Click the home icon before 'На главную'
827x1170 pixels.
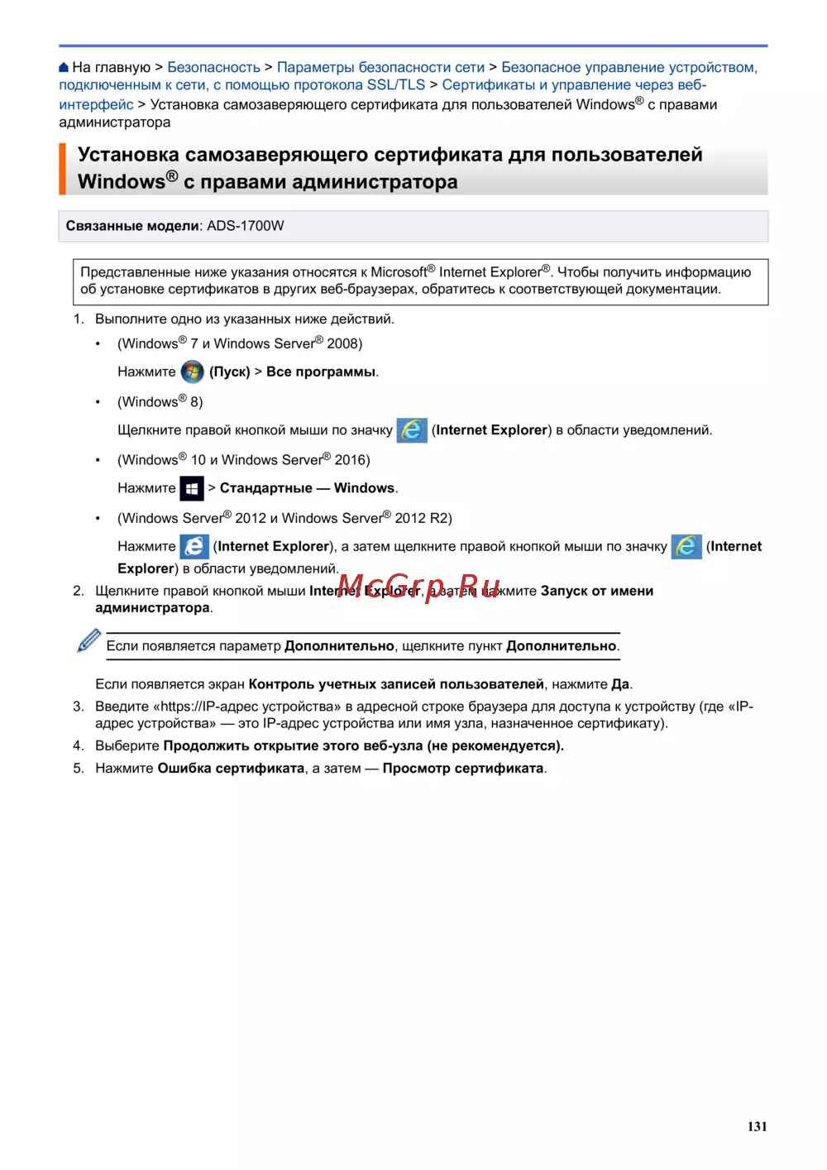pos(64,67)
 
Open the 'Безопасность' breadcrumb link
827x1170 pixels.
pos(213,67)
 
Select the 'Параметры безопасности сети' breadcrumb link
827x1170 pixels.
pos(380,67)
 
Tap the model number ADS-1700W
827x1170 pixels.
pos(245,226)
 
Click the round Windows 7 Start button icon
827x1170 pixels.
pos(193,372)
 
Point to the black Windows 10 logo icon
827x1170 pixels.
pos(192,488)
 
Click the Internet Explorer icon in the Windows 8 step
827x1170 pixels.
pos(412,430)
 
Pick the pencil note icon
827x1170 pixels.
pos(88,640)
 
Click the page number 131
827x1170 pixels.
pos(757,1126)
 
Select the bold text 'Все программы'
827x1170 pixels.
pos(321,372)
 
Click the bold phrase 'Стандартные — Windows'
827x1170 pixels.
pos(308,488)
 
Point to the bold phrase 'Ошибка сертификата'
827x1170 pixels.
pos(231,768)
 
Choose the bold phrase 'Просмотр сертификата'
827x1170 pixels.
pos(463,768)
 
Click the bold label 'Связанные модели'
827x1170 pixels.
pos(132,226)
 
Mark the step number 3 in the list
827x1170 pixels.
pos(79,707)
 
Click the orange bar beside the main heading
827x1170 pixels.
pos(62,169)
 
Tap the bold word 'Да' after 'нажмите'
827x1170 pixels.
pos(620,684)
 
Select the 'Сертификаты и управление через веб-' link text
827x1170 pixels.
pos(574,85)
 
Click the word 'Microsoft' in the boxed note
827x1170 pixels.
pos(399,272)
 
